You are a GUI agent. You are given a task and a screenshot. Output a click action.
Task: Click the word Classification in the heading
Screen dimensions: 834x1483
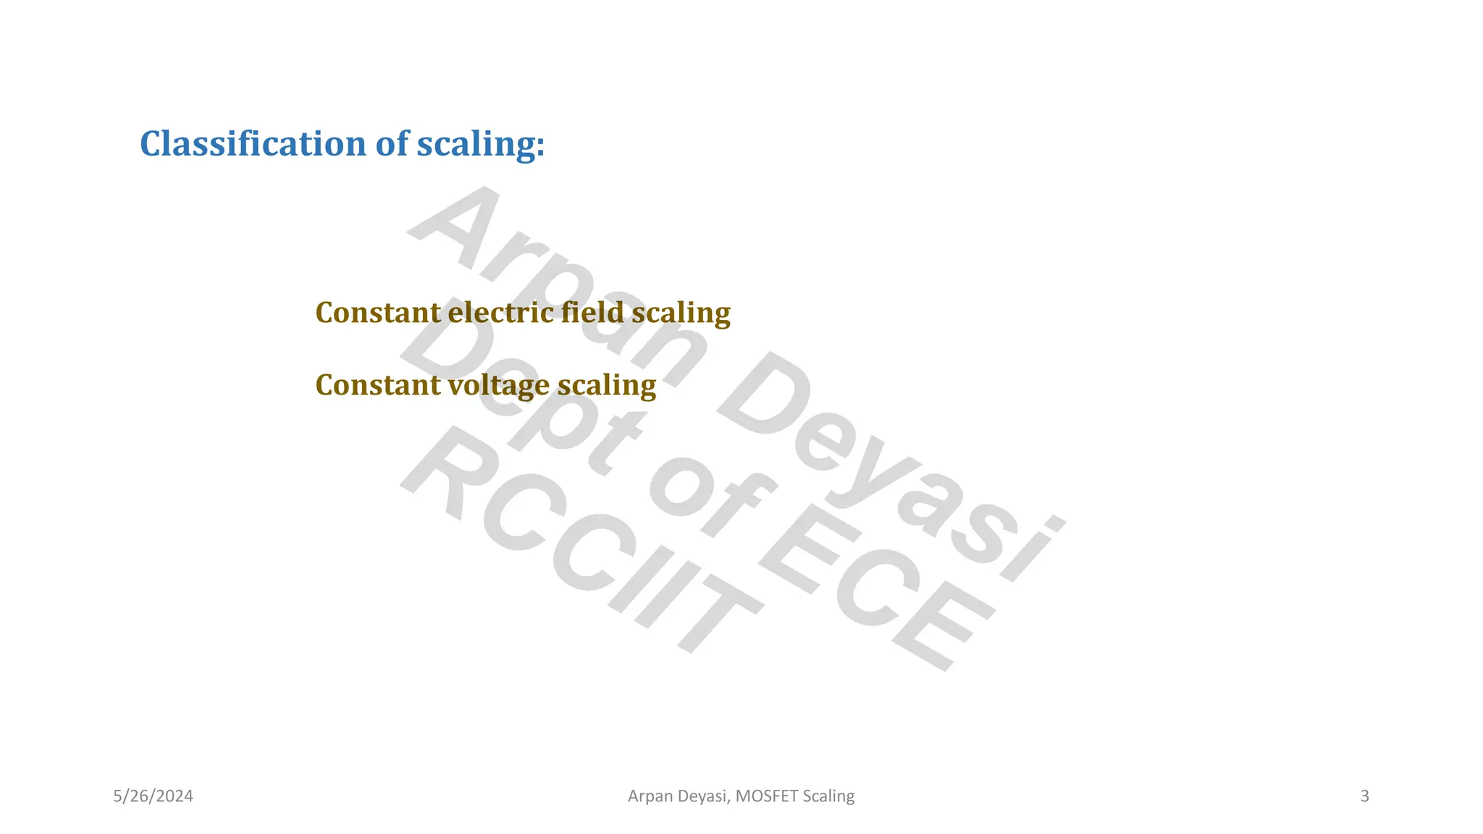[x=253, y=143]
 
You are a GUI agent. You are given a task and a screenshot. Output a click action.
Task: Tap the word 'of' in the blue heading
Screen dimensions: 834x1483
[x=392, y=143]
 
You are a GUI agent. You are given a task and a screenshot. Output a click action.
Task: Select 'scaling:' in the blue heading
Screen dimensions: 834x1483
[x=480, y=145]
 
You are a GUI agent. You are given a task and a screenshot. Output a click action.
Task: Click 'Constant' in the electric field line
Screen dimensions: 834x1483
[x=378, y=313]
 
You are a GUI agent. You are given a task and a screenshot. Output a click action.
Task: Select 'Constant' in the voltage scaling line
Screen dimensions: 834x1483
[x=378, y=385]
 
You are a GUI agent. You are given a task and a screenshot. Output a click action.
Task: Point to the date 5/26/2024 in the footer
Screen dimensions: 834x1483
[x=154, y=796]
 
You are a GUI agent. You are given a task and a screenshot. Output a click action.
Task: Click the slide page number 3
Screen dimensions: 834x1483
[x=1365, y=796]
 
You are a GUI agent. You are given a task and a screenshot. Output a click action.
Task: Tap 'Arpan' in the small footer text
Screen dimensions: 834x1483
[x=650, y=796]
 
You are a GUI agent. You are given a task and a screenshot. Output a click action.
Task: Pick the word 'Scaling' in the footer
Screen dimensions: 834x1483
[x=829, y=796]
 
